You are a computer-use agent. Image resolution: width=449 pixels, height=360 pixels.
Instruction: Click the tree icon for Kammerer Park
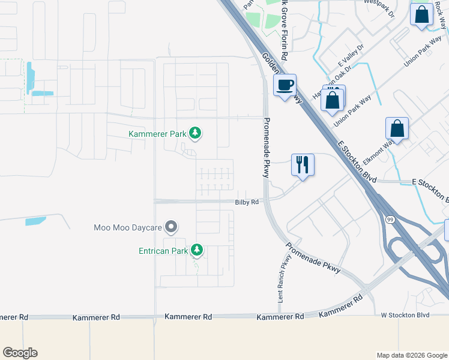click(x=194, y=133)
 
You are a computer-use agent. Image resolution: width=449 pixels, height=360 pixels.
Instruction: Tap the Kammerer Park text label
click(x=158, y=134)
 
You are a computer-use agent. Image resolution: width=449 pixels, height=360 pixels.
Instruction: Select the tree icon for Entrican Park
click(x=196, y=250)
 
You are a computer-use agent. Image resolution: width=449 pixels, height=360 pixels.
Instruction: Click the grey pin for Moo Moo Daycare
click(x=171, y=227)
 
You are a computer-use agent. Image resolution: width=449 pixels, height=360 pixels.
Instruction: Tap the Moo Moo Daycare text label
click(x=128, y=227)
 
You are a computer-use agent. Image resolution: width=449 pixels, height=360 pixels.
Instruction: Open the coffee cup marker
click(x=285, y=84)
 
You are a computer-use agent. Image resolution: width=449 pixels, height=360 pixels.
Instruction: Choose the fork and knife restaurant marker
click(x=302, y=164)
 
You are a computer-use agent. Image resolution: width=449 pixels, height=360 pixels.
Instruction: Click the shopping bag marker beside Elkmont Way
click(x=397, y=128)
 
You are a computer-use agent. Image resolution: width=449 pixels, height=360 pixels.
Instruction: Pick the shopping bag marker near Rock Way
click(x=421, y=14)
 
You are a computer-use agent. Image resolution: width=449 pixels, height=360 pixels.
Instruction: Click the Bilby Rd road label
click(x=246, y=202)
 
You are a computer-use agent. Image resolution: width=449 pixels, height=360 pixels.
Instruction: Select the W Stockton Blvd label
click(x=405, y=314)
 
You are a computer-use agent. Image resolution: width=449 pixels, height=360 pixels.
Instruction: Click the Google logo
click(x=20, y=352)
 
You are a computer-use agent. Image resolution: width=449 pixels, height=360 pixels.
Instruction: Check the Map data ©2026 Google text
click(x=411, y=355)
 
